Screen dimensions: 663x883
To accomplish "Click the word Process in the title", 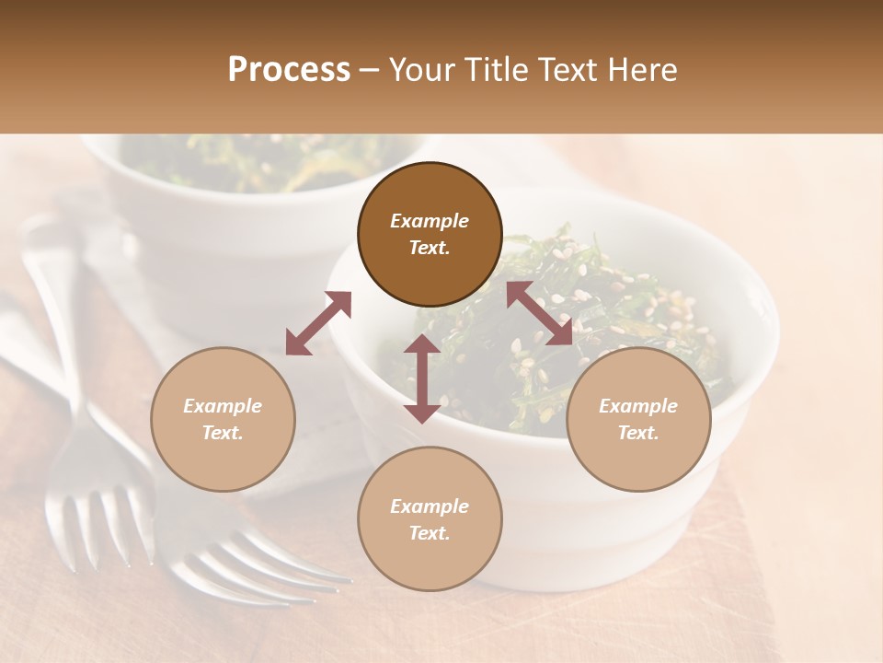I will (289, 70).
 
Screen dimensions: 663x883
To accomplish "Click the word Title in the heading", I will (492, 70).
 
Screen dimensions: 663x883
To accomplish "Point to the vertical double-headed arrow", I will (422, 378).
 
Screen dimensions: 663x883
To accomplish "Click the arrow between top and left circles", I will (318, 323).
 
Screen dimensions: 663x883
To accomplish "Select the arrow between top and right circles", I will (539, 313).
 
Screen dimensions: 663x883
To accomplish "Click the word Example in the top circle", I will (430, 221).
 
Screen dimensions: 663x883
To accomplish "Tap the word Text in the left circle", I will (222, 433).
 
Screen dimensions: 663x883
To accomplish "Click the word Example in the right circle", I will (638, 406).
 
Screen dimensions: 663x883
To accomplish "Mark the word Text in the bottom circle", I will (430, 533).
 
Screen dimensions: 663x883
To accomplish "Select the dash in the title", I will (370, 71).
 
